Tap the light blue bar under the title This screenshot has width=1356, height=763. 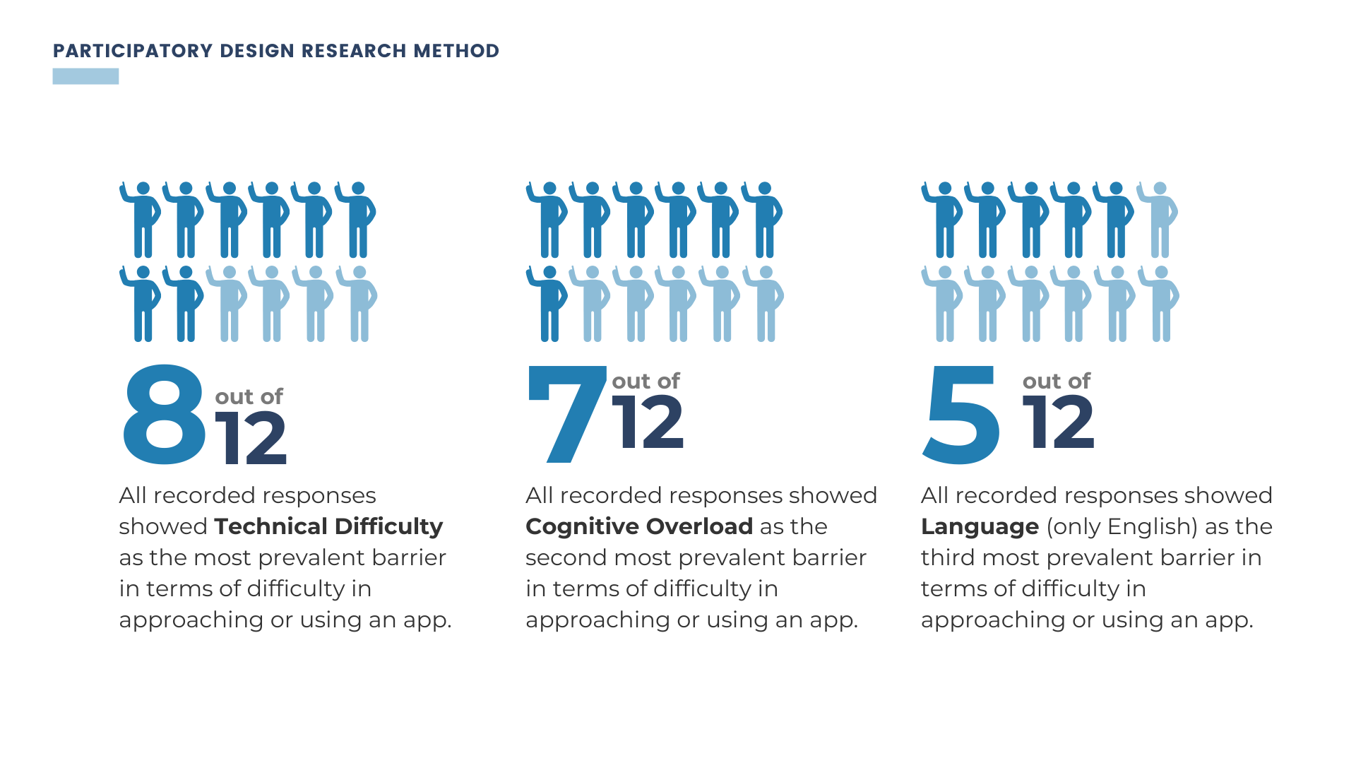coord(85,76)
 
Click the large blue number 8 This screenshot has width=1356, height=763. coord(165,415)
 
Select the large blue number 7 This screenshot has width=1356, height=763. coord(566,413)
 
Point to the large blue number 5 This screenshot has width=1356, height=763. coord(961,415)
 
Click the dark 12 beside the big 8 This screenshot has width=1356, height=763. coord(251,439)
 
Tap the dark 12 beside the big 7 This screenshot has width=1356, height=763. coord(648,422)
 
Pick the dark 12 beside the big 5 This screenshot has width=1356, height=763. coord(1058,422)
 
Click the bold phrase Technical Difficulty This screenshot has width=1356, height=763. coord(328,526)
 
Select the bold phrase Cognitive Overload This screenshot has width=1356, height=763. coord(639,526)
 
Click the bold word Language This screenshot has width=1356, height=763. coord(980,526)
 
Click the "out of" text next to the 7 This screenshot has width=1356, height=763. coord(646,381)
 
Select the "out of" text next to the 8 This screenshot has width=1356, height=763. coord(249,397)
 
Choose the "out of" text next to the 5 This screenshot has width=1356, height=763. coord(1057,381)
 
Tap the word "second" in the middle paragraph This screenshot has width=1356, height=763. coord(566,558)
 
